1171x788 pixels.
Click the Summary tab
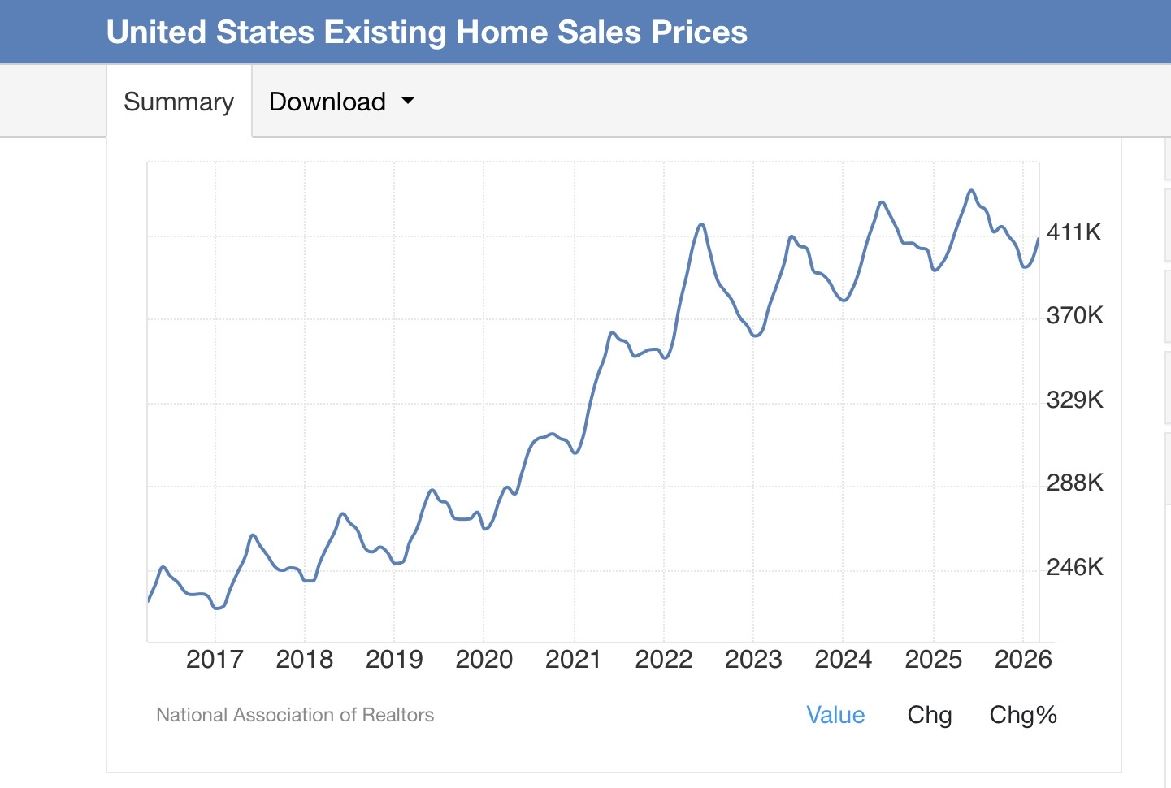(x=179, y=102)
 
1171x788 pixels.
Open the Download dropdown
(x=341, y=102)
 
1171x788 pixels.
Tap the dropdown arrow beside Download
(x=408, y=99)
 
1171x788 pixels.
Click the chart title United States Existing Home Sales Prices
(x=427, y=32)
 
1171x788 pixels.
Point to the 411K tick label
(x=1073, y=232)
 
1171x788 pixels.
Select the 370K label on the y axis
(x=1075, y=316)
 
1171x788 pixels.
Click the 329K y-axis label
(x=1075, y=400)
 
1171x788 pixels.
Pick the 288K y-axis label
(x=1075, y=483)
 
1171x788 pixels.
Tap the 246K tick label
(x=1075, y=567)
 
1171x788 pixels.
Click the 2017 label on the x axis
(x=215, y=660)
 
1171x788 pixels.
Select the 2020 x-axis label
(x=484, y=660)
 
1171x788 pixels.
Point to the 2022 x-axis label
(x=664, y=660)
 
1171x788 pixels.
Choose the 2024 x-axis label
(x=844, y=660)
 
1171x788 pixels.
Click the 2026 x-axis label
(x=1023, y=660)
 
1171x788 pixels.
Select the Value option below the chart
(x=835, y=715)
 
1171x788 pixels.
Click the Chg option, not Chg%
(x=930, y=716)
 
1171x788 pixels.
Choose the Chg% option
(x=1023, y=716)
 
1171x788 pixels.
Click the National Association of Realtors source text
(x=295, y=715)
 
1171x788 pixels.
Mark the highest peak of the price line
(x=971, y=191)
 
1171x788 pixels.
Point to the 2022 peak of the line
(x=701, y=225)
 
